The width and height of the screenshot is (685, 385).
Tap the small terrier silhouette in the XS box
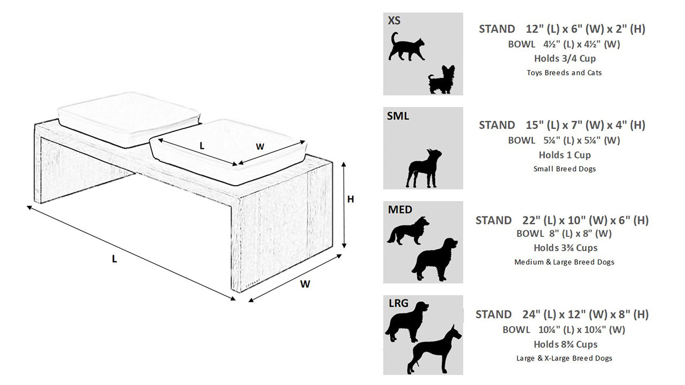[x=441, y=80]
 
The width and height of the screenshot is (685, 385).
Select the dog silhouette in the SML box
[x=422, y=168]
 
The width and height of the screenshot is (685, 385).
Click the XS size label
[x=394, y=21]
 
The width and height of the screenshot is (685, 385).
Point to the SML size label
[x=398, y=115]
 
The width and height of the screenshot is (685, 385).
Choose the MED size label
[x=400, y=210]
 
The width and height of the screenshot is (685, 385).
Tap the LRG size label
[x=399, y=304]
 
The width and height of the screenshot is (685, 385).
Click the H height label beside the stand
[x=351, y=199]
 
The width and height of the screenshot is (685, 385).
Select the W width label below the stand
[x=305, y=284]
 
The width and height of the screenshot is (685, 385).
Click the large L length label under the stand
[x=114, y=259]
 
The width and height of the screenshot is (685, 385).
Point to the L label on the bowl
[x=202, y=145]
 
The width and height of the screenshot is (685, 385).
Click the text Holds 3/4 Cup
[x=565, y=58]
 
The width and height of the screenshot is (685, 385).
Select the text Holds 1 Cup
[x=565, y=155]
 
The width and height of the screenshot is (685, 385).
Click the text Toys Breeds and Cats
[x=564, y=72]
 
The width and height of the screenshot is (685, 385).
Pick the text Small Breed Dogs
[x=564, y=168]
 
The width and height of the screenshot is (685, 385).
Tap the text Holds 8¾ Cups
[x=565, y=344]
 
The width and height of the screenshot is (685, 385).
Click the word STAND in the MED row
[x=493, y=220]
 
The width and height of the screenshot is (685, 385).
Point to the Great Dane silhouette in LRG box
[x=433, y=350]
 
